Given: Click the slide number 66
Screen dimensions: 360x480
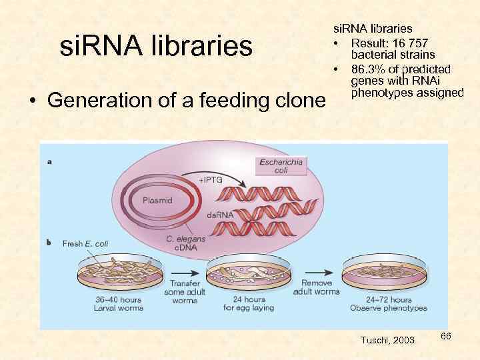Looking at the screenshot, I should tap(446, 337).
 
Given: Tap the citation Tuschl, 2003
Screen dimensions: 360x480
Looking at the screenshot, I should tap(387, 340).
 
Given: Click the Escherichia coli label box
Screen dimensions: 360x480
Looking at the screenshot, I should tap(281, 165).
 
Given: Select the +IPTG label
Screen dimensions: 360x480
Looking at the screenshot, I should tap(211, 181).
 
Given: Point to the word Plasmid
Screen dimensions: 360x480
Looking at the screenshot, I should tap(157, 200).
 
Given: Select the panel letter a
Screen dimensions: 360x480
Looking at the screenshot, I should tap(50, 161).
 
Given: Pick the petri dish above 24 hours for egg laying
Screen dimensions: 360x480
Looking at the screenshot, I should tap(249, 274).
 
